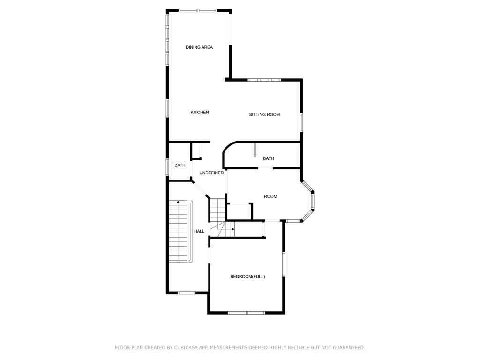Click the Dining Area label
coord(199,47)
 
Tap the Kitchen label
coord(200,112)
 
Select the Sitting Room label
coord(264,114)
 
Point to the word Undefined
coord(211,173)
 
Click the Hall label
coord(199,231)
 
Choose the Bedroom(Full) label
coord(247,277)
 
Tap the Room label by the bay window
coord(270,196)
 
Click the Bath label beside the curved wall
coord(269,158)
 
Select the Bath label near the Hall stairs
coord(180,165)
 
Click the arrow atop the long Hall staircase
coord(178,202)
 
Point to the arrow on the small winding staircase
coord(233,229)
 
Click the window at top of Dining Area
coord(198,11)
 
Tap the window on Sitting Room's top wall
coord(264,80)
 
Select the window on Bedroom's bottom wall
coord(247,313)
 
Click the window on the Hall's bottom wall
coord(187,293)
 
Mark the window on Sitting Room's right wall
coord(301,122)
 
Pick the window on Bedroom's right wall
coord(284,264)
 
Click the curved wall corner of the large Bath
coord(228,146)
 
